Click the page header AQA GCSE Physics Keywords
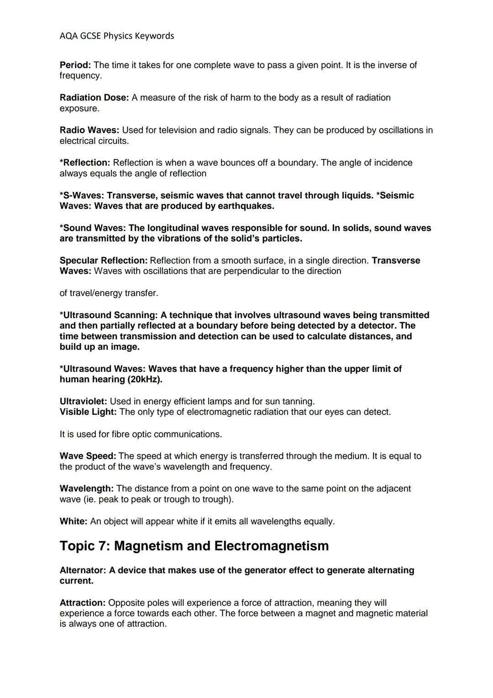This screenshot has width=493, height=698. pyautogui.click(x=117, y=36)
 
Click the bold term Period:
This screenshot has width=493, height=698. pyautogui.click(x=75, y=65)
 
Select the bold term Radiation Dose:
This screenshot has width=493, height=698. pyautogui.click(x=94, y=97)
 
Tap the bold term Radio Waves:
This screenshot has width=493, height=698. pyautogui.click(x=89, y=130)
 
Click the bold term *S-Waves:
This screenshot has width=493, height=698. pyautogui.click(x=82, y=196)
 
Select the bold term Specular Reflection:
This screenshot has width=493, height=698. pyautogui.click(x=104, y=260)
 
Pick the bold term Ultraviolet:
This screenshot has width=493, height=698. pyautogui.click(x=83, y=402)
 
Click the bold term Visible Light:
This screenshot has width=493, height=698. pyautogui.click(x=88, y=412)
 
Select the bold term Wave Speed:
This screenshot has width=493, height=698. pyautogui.click(x=88, y=456)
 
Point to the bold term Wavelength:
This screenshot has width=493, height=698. pyautogui.click(x=86, y=489)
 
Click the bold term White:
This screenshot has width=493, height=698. pyautogui.click(x=73, y=521)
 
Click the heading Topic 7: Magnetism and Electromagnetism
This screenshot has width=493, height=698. pyautogui.click(x=194, y=546)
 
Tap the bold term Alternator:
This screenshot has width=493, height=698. pyautogui.click(x=83, y=570)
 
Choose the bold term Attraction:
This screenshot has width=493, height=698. pyautogui.click(x=83, y=603)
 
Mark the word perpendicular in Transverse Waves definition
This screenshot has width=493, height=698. pyautogui.click(x=260, y=271)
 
